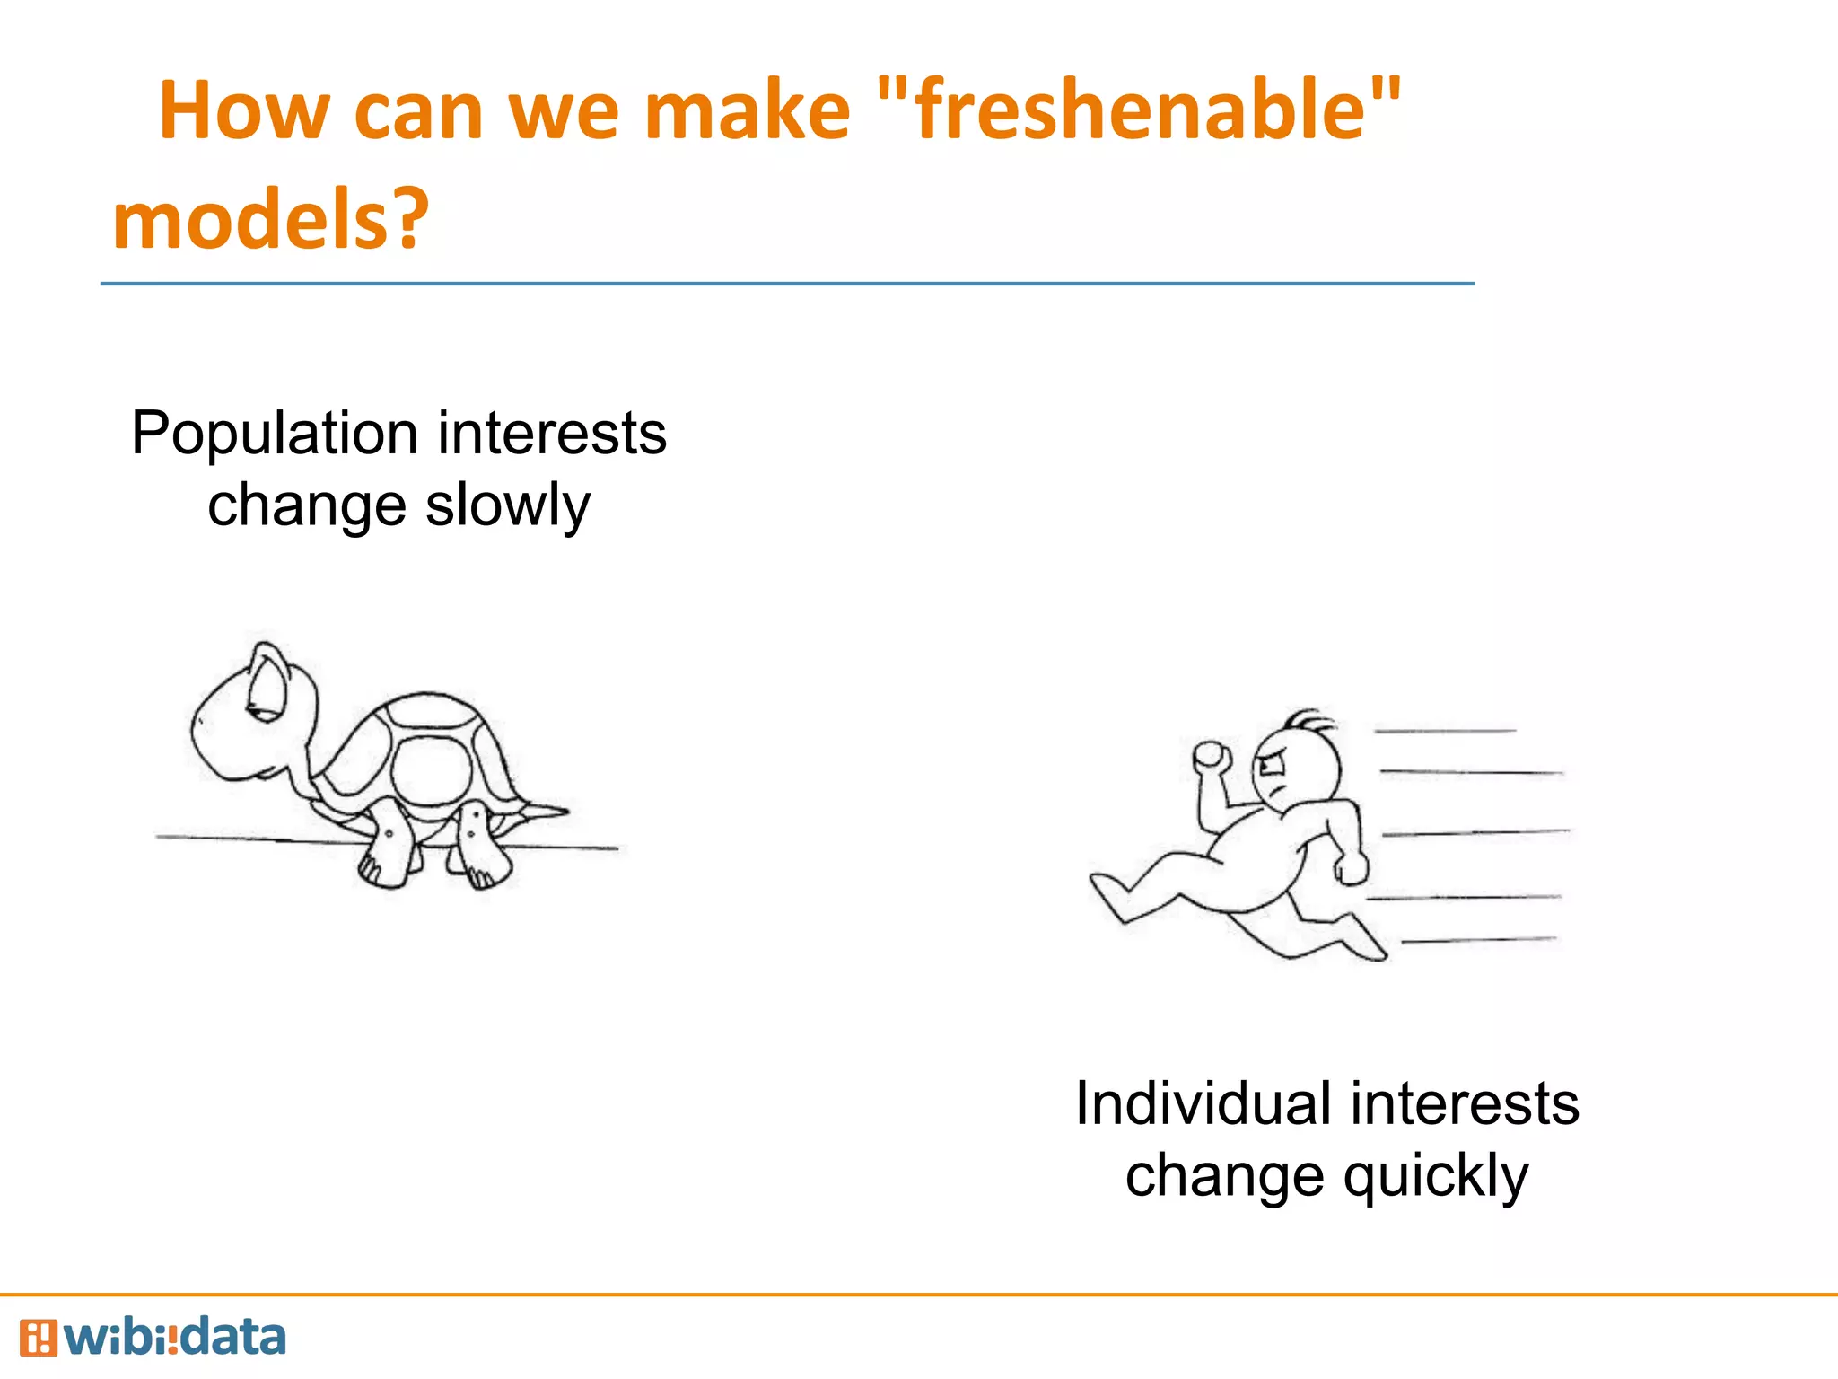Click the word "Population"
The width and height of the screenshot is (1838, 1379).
click(x=275, y=435)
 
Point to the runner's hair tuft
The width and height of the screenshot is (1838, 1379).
click(x=1307, y=720)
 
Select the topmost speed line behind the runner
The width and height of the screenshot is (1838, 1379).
click(x=1445, y=732)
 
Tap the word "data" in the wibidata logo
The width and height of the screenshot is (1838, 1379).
click(x=233, y=1338)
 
